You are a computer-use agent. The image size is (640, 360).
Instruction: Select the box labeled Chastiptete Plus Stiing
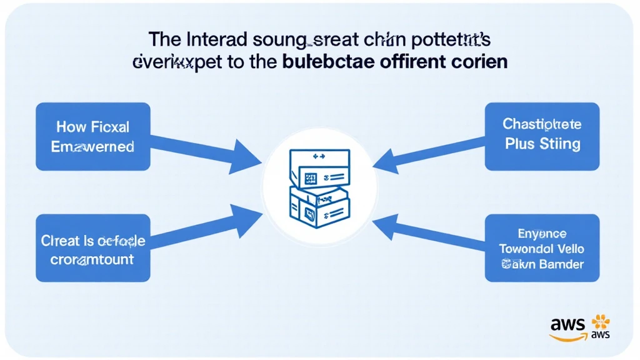[542, 137]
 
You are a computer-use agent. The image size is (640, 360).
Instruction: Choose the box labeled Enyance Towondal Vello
[542, 248]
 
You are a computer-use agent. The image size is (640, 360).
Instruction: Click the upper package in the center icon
[319, 171]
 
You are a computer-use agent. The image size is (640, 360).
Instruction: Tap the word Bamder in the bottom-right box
[561, 264]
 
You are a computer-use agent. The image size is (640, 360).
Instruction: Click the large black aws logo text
[567, 324]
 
